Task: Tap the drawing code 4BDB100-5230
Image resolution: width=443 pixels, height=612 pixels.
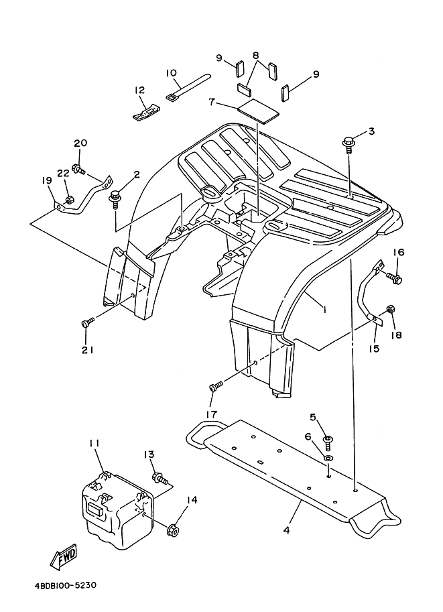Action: click(x=65, y=585)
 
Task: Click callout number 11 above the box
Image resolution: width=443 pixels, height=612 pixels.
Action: click(x=94, y=444)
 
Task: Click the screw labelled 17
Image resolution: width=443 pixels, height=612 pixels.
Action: click(x=216, y=387)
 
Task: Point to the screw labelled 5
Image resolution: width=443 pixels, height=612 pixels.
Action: click(x=328, y=440)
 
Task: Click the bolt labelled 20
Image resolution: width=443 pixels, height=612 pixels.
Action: click(x=79, y=170)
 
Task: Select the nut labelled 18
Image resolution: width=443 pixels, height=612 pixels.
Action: click(x=391, y=310)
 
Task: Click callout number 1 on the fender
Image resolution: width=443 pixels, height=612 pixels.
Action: click(x=324, y=310)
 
